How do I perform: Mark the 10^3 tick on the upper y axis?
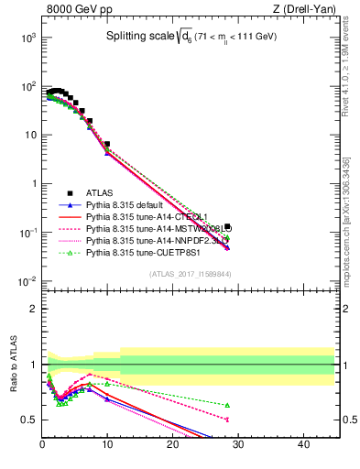pos(28,38)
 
